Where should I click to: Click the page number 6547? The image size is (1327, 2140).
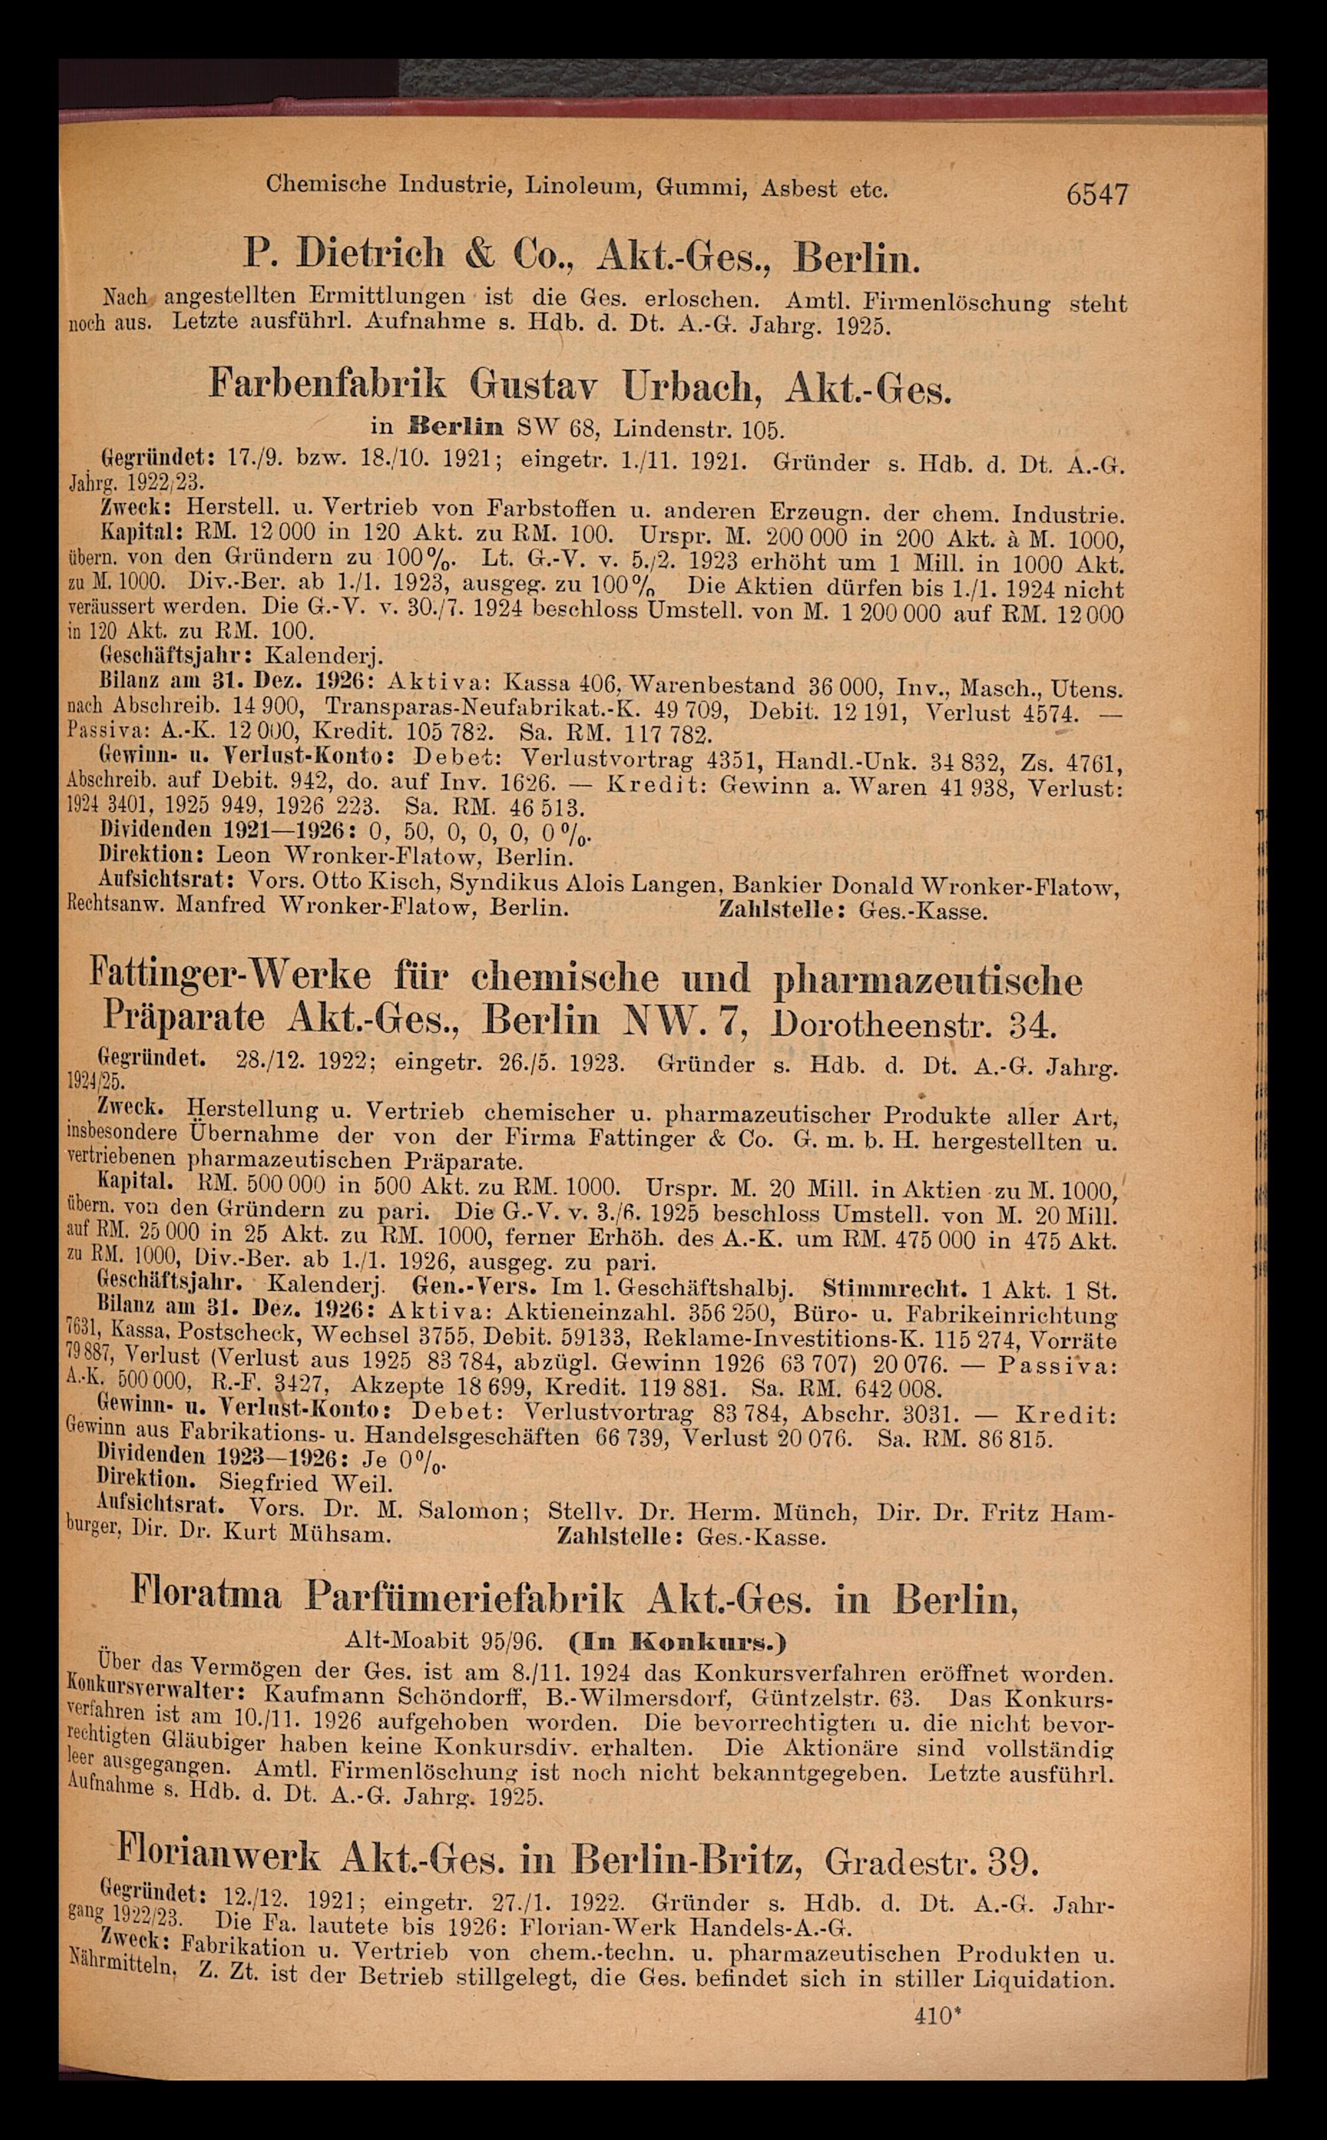coord(1096,193)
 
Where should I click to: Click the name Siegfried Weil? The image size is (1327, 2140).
coord(305,1484)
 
